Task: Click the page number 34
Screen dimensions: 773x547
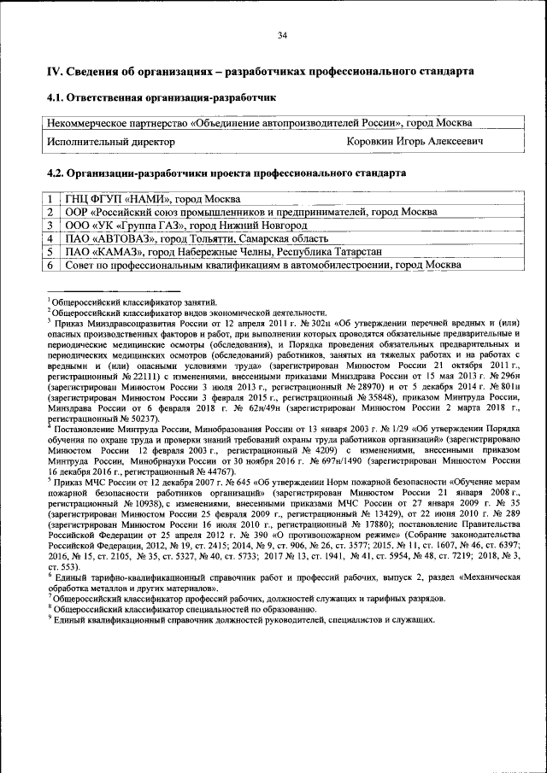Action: [282, 35]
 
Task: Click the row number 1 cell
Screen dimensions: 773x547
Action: [51, 199]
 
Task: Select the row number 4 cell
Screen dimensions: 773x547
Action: [51, 238]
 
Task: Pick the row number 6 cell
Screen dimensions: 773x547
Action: [51, 265]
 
